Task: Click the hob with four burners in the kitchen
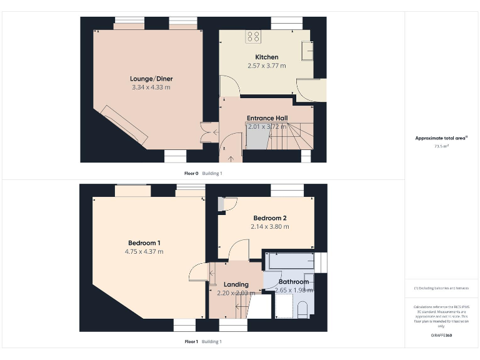(x=253, y=37)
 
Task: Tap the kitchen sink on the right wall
(x=307, y=50)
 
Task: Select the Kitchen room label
(x=267, y=57)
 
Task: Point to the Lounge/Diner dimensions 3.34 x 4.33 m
(x=151, y=87)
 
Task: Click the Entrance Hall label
(x=267, y=117)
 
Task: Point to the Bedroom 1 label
(x=144, y=243)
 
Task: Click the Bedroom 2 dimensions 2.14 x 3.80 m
(x=270, y=227)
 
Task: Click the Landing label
(x=236, y=284)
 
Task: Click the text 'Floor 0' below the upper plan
(x=191, y=173)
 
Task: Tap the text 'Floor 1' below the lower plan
(x=191, y=342)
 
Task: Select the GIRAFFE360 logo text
(x=441, y=336)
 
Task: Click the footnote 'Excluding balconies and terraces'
(x=441, y=288)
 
